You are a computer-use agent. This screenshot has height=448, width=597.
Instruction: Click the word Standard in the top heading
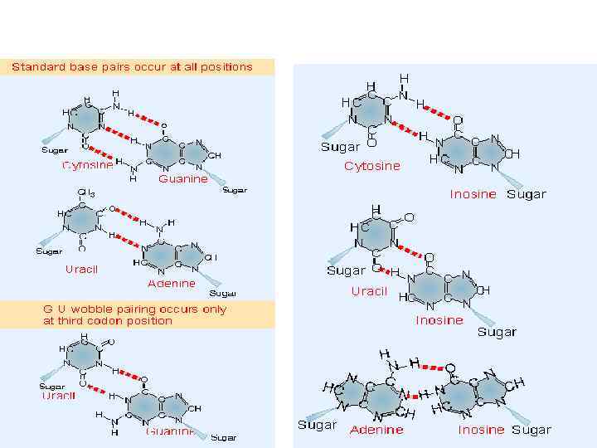(x=36, y=67)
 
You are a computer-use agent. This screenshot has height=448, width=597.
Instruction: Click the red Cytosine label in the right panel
(x=371, y=166)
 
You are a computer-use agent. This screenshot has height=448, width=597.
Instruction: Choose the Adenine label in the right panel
(x=376, y=430)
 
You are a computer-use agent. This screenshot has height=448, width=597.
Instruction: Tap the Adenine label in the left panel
(x=172, y=283)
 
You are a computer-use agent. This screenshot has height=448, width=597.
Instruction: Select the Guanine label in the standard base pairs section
(x=183, y=178)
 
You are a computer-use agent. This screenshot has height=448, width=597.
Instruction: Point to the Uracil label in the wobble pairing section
(x=59, y=396)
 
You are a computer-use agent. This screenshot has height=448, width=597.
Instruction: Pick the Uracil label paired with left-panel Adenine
(x=81, y=269)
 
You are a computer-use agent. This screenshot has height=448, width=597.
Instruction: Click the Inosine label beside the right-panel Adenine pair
(x=481, y=430)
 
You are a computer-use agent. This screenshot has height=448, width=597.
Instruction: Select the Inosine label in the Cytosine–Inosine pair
(x=473, y=194)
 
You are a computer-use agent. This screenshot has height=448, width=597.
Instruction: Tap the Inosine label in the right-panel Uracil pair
(x=439, y=320)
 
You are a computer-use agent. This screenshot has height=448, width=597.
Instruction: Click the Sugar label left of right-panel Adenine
(x=318, y=425)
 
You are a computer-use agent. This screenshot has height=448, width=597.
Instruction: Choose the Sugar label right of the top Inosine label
(x=527, y=194)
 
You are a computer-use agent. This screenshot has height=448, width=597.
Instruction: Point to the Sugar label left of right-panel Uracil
(x=347, y=270)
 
